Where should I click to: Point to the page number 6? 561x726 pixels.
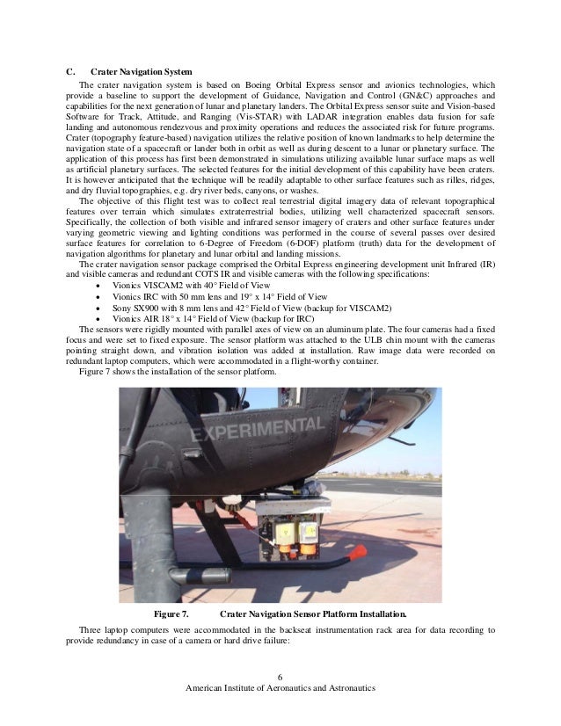pyautogui.click(x=280, y=674)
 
